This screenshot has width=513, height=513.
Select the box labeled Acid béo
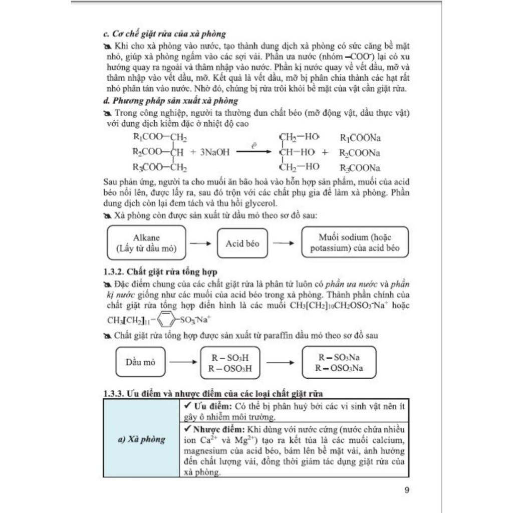(x=242, y=243)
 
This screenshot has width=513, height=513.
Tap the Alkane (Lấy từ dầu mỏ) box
(x=146, y=242)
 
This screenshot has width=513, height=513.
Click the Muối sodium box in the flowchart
(x=355, y=242)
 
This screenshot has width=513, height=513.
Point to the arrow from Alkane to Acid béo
(x=201, y=243)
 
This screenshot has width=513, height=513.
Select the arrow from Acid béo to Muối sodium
(x=284, y=243)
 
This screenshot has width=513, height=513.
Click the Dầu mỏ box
(x=140, y=362)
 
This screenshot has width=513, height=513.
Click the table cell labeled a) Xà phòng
(x=141, y=439)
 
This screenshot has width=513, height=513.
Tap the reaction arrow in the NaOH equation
(x=255, y=152)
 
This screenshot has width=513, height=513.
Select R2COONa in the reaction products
(x=360, y=153)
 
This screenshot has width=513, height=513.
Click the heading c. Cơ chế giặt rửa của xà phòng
(x=163, y=34)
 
